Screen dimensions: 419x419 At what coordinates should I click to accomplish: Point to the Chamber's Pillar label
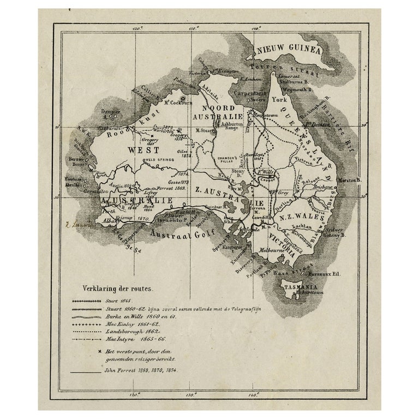pos(229,159)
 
